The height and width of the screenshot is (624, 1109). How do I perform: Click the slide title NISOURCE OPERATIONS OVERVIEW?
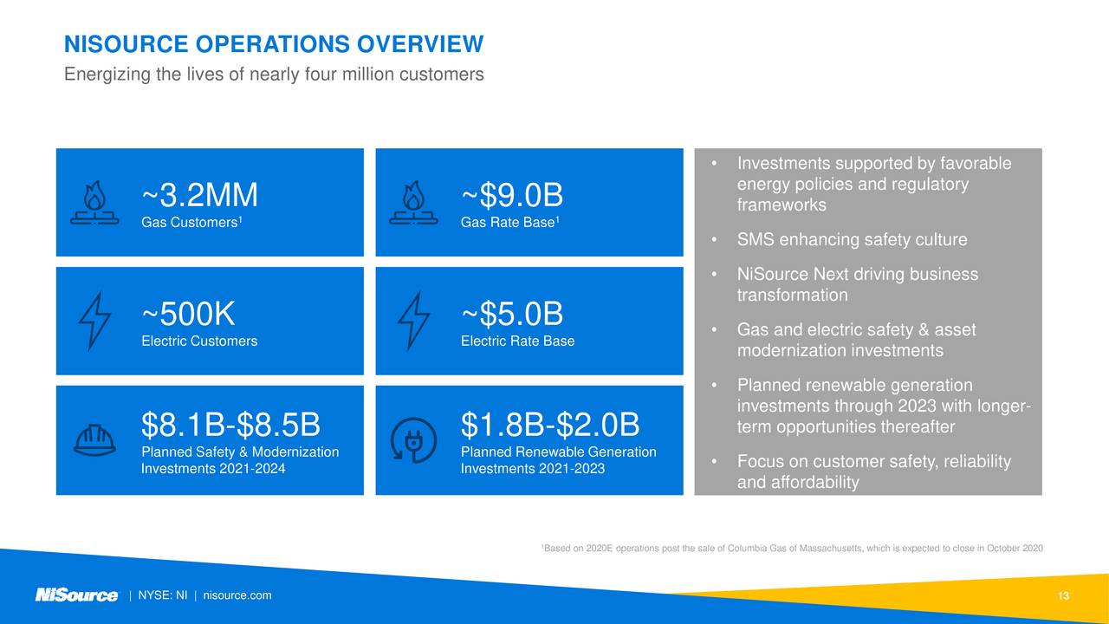click(274, 43)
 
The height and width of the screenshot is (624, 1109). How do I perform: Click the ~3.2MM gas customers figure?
click(199, 196)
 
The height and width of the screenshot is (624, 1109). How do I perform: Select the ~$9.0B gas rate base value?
click(512, 196)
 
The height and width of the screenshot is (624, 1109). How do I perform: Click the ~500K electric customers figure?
click(188, 313)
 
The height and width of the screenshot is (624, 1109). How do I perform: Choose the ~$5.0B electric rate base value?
click(512, 313)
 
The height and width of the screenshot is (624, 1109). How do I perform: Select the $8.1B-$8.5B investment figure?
click(230, 426)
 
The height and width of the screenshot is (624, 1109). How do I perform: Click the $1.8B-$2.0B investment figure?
click(550, 426)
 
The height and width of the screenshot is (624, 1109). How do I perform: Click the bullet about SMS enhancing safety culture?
click(852, 240)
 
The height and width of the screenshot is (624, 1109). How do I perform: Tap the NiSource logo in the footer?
click(76, 595)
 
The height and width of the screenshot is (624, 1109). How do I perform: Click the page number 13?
click(1064, 595)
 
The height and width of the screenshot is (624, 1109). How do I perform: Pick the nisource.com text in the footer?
click(237, 595)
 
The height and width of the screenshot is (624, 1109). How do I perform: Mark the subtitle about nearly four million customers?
click(274, 75)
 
